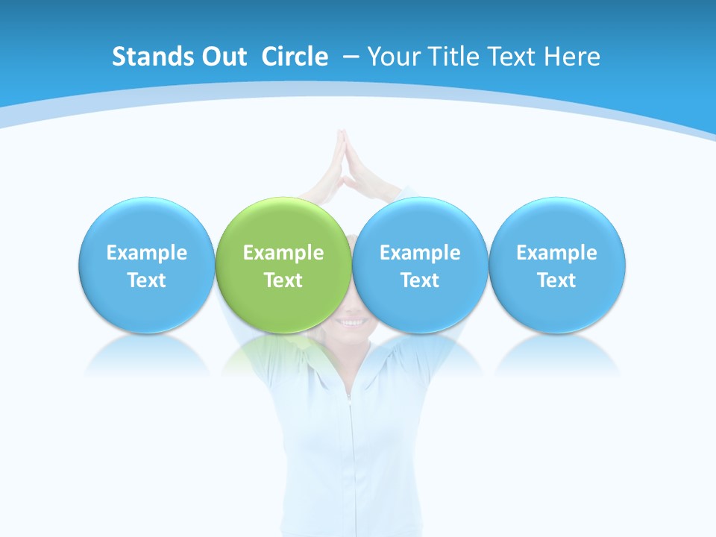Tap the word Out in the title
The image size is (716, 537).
point(222,57)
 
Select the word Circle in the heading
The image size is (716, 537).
point(295,57)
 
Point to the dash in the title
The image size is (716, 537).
point(351,57)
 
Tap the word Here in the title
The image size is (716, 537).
point(572,57)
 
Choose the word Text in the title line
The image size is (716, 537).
point(515,57)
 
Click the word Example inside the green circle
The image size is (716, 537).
point(283,253)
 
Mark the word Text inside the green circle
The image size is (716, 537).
point(283,280)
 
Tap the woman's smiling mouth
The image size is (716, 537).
point(352,322)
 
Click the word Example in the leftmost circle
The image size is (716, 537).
point(146,253)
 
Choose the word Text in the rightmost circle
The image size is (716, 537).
point(557,280)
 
